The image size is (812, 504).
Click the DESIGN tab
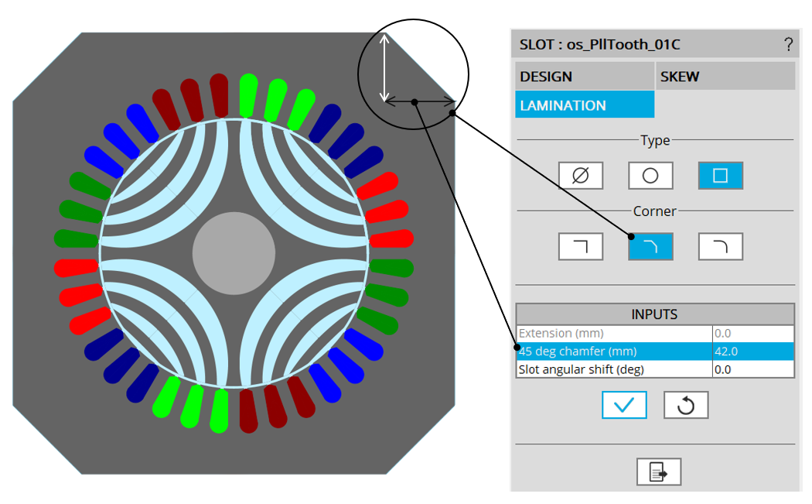point(584,77)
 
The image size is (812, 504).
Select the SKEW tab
point(725,77)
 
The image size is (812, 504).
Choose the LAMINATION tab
point(584,105)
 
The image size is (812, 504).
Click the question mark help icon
point(788,45)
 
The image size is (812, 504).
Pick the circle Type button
point(650,176)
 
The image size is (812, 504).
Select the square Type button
point(720,176)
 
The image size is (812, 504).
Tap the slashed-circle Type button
point(581,176)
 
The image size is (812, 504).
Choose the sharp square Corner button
point(581,246)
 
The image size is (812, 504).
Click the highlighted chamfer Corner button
point(650,246)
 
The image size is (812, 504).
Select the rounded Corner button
point(720,246)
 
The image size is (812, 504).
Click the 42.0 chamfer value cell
point(752,351)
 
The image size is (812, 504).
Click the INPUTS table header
point(654,314)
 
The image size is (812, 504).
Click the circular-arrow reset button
point(686,405)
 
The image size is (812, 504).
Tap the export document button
point(659,471)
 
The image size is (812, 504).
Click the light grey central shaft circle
point(234,252)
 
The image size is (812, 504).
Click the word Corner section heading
point(654,211)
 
